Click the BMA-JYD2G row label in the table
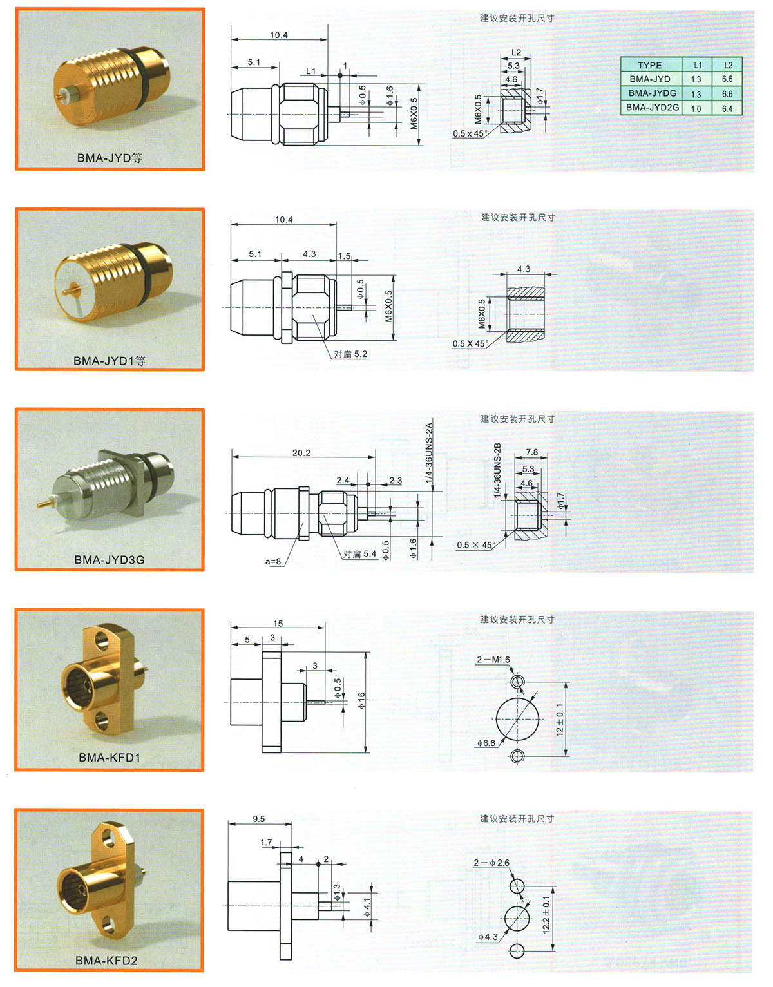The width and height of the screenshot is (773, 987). coord(652,108)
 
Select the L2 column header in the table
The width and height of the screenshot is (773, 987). coord(727,65)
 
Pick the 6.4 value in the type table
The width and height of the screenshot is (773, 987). coord(727,108)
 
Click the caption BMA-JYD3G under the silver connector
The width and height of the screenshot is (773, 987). coord(110,560)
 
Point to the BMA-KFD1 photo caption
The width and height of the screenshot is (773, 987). coord(110,757)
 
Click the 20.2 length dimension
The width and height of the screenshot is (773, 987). coord(301,453)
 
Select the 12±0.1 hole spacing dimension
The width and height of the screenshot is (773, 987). coord(560,720)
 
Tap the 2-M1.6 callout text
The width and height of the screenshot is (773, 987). coord(493,660)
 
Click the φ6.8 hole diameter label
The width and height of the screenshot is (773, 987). coord(486,743)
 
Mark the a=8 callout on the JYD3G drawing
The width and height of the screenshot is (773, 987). coord(273,561)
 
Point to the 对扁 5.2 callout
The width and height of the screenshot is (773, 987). coord(350,354)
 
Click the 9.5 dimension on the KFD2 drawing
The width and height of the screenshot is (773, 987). coord(258,818)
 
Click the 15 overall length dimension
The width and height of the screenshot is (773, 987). coord(278,623)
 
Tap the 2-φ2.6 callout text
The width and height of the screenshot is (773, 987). coord(491,863)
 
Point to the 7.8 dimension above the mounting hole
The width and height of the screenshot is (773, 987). coord(531,452)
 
